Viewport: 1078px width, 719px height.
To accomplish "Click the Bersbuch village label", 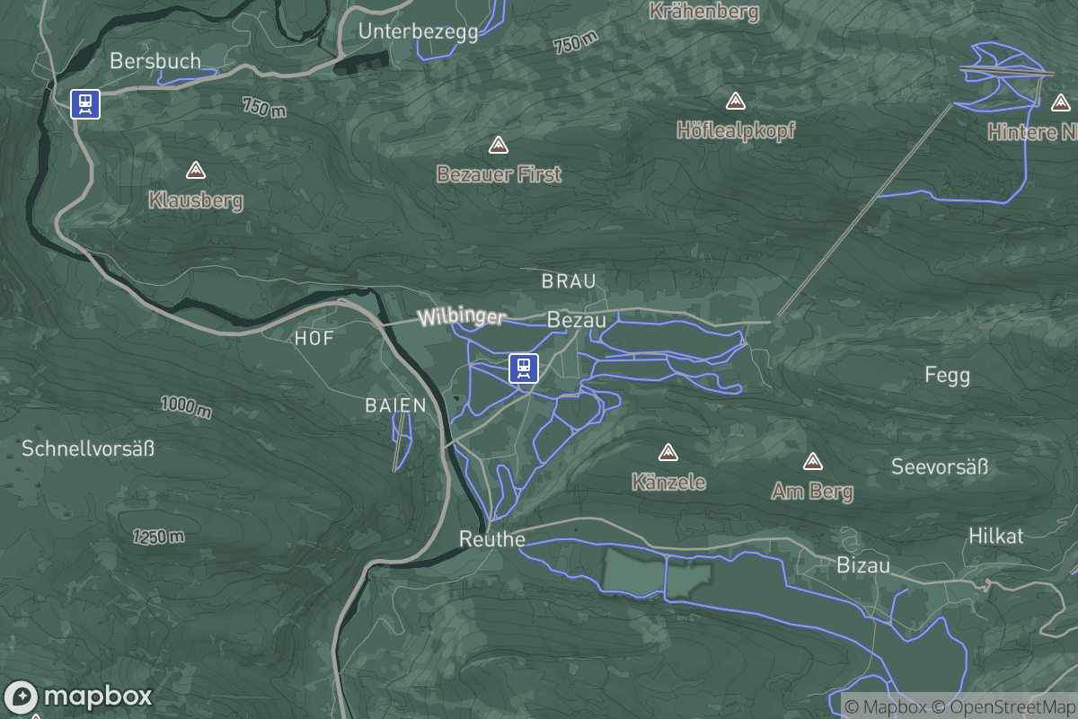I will point(144,60).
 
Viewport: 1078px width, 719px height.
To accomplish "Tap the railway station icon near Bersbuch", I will point(85,104).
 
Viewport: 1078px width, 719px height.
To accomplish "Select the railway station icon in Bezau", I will point(523,368).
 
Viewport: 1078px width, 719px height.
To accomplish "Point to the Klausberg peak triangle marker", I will point(195,170).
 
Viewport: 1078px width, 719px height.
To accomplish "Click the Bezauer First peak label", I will point(499,173).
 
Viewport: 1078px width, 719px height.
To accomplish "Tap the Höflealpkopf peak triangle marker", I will point(736,100).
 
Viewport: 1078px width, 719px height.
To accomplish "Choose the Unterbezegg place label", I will point(418,31).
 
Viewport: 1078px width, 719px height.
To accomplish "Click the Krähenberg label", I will point(703,12).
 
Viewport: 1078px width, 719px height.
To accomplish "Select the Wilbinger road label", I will point(462,317).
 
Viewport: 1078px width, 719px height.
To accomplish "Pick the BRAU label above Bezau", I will point(569,281).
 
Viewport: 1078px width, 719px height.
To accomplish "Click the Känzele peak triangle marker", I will point(667,452).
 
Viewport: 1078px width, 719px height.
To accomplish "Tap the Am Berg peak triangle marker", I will point(813,462).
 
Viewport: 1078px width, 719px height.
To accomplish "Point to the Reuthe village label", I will point(491,539).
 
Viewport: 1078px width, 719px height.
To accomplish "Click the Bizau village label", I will point(862,565).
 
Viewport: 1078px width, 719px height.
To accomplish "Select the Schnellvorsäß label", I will point(88,448).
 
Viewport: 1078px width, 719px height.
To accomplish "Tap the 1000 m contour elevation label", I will point(187,406).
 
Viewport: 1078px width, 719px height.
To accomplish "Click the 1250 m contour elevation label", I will point(159,537).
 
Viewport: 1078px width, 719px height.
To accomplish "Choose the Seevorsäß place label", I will point(939,466).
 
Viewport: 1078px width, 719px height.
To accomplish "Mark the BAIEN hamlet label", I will point(395,405).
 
